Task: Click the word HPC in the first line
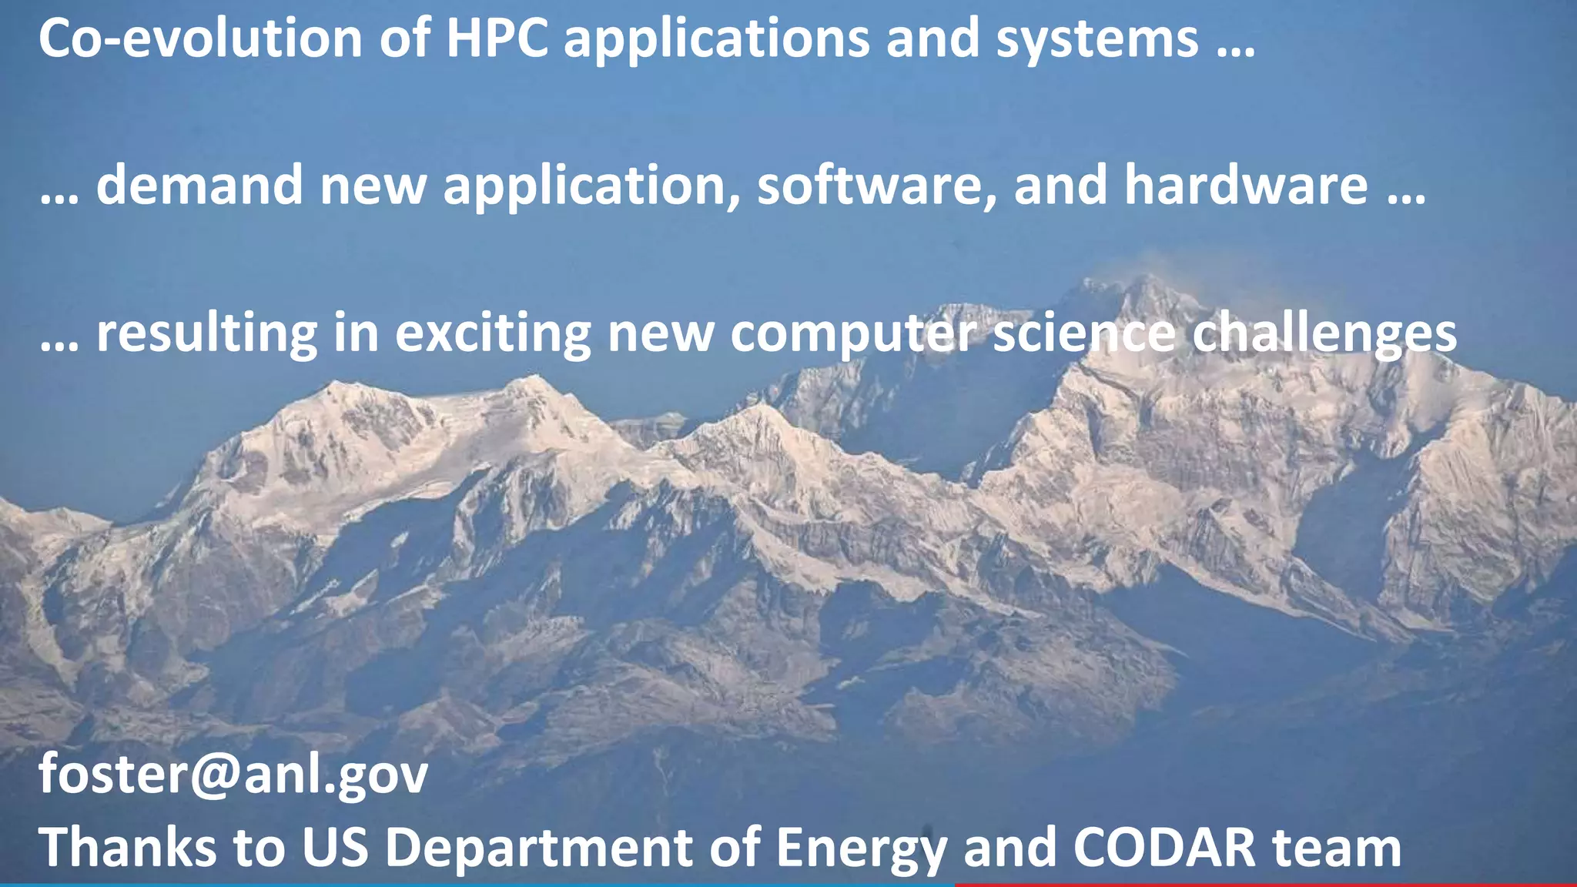[x=497, y=38]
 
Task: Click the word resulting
[x=206, y=334]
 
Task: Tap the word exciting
[x=493, y=334]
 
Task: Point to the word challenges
[x=1324, y=334]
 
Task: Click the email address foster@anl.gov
[x=233, y=774]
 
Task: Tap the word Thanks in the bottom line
[x=128, y=847]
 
